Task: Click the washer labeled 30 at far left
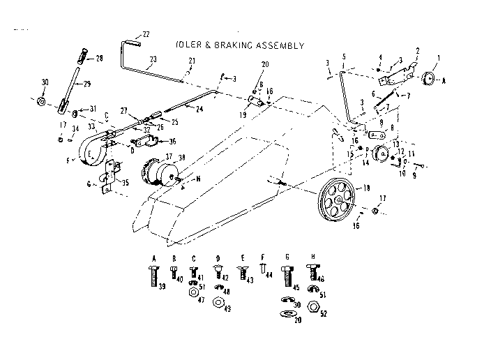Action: [42, 104]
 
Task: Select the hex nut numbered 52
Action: [312, 304]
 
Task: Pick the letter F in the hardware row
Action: [262, 257]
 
